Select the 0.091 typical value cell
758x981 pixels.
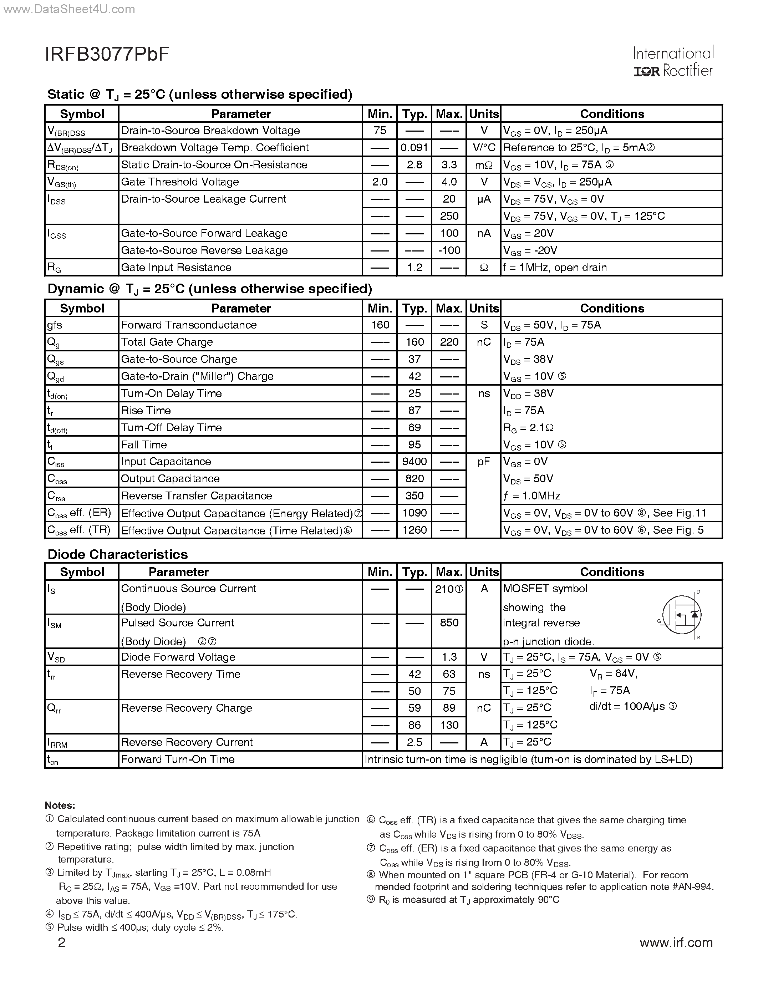(414, 148)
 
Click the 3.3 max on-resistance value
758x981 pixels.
(449, 165)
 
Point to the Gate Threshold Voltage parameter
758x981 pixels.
(180, 182)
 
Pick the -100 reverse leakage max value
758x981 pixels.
(449, 250)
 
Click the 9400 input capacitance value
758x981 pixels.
(414, 461)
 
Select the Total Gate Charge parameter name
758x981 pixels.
(167, 342)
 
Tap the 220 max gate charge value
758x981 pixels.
(449, 342)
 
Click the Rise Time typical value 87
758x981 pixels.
(414, 410)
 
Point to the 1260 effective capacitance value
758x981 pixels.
(414, 530)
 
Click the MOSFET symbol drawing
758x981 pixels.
(681, 615)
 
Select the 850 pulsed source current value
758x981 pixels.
(449, 622)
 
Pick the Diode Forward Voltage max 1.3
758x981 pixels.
(449, 657)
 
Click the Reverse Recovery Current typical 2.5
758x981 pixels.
(414, 742)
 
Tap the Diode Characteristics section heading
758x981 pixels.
(118, 554)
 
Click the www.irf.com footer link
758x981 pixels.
(676, 942)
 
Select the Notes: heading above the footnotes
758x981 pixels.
(60, 805)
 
